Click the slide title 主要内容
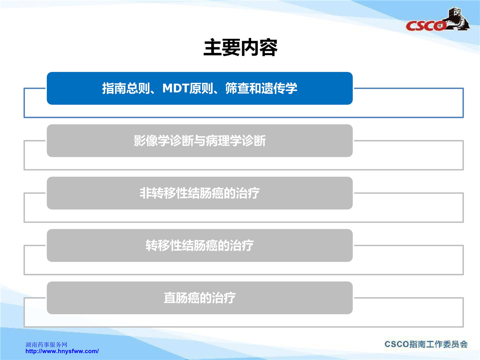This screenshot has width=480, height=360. coord(240,47)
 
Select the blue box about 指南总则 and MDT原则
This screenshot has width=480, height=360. coord(200,88)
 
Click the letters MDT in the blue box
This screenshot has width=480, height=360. coord(176,88)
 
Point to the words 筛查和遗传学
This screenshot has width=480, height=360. coord(261,88)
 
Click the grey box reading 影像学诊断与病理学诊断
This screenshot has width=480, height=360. coord(200,140)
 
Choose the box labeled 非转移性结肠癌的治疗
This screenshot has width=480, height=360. coord(200,193)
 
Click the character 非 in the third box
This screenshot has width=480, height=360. coord(146,193)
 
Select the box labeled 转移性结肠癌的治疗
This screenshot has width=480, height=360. coord(200,246)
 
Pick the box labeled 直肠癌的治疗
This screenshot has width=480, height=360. coord(200,298)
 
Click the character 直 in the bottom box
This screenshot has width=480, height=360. coord(170,298)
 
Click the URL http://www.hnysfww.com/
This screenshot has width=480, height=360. coord(62,351)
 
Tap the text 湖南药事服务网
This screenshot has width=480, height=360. coord(46,345)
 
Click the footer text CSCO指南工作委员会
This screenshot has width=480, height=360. coord(426,344)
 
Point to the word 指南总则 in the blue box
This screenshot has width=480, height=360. coord(126,88)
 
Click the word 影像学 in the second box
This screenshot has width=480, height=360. coord(152,140)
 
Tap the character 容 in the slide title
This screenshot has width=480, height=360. coord(268,47)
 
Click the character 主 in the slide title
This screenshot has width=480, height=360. coord(212,47)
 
